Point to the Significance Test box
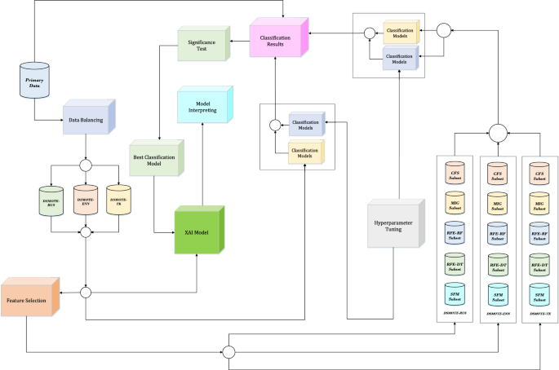tap(204, 46)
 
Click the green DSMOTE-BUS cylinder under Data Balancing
tap(51, 199)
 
